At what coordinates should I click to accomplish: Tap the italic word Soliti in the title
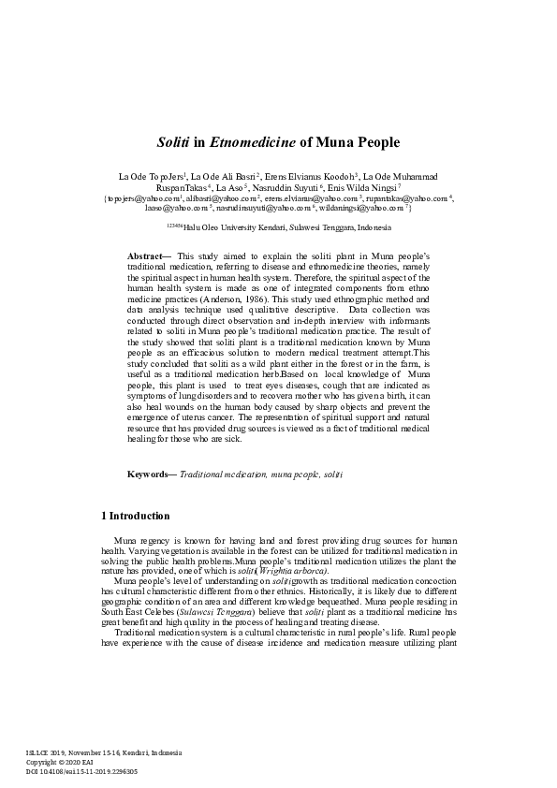pos(176,143)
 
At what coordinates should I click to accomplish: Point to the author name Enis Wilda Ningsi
pos(372,188)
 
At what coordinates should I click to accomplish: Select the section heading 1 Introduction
pos(135,516)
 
